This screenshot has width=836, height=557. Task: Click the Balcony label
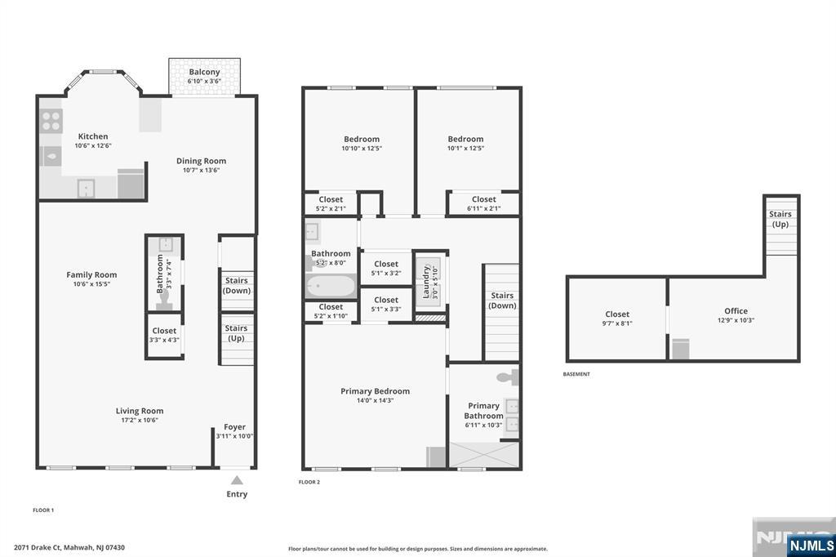(204, 72)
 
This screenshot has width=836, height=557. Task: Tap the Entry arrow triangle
(237, 480)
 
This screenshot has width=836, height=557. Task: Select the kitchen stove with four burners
(51, 121)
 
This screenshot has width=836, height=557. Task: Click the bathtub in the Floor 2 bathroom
(331, 287)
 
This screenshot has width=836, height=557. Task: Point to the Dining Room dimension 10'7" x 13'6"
(201, 170)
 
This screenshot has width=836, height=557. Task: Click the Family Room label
(91, 274)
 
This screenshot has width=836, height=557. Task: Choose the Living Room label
(140, 411)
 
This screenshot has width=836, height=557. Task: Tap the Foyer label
(234, 427)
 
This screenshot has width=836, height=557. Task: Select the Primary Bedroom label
(376, 391)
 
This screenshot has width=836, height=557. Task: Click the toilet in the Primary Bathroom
(508, 377)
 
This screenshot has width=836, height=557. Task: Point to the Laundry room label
(426, 283)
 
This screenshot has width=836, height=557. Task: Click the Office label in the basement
(736, 311)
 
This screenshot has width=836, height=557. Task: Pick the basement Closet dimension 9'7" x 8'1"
(617, 323)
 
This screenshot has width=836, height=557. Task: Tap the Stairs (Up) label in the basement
(780, 219)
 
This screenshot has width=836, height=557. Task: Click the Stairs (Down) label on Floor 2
(502, 301)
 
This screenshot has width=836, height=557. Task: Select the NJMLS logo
(811, 545)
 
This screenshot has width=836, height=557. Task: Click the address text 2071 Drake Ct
(38, 547)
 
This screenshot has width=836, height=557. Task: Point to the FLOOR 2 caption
(309, 483)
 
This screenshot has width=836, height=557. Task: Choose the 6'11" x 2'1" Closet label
(483, 203)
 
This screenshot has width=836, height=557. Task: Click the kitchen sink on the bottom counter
(86, 189)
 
